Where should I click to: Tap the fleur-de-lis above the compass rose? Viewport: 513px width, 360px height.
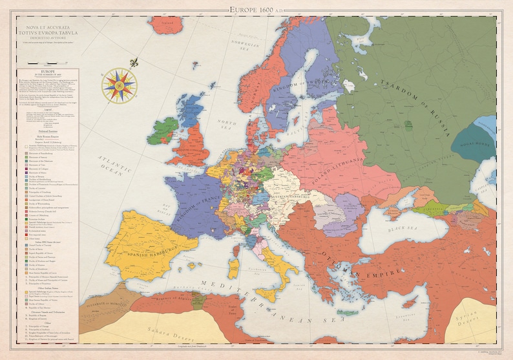coord(134,63)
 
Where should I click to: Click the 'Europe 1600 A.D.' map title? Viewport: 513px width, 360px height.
coord(256,9)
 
